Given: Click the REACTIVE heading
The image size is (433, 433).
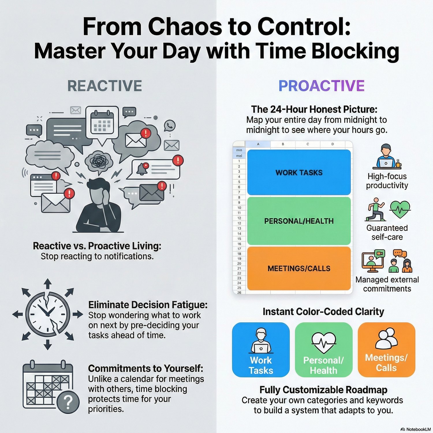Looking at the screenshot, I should point(104,86).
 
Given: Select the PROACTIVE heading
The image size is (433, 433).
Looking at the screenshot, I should point(321,86).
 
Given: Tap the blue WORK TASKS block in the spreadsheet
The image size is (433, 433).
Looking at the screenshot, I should point(299,172).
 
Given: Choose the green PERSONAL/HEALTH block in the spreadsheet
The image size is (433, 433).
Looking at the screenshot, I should point(299,221).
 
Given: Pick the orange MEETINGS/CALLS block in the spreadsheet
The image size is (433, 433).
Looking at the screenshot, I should point(299,268).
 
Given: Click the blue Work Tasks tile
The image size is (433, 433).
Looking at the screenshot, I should point(261,350).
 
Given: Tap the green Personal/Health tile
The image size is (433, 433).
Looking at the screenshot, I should point(324,350).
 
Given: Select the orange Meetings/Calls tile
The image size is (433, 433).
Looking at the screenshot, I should point(386,350).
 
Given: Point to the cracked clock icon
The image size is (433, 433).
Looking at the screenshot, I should point(48,314).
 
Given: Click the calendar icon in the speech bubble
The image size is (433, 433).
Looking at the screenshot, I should point(102,122).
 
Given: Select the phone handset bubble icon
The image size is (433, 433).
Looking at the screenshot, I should point(170,126).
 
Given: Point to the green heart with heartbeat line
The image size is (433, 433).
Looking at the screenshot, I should point(400,209).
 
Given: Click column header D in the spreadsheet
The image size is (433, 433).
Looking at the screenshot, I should point(333,144).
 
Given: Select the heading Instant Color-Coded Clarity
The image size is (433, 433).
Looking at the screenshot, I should point(323,312).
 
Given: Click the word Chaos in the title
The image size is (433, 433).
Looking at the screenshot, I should point(185,27).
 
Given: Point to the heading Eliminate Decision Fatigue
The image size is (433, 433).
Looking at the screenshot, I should point(148,305).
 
